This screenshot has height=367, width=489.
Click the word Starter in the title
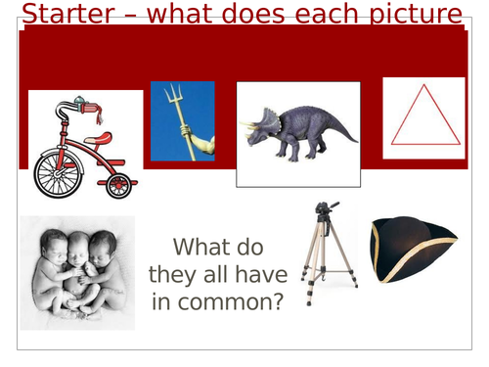64,15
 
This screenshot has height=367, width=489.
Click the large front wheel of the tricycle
59,173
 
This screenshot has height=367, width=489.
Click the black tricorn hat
411,250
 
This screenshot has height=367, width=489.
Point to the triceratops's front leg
282,152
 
